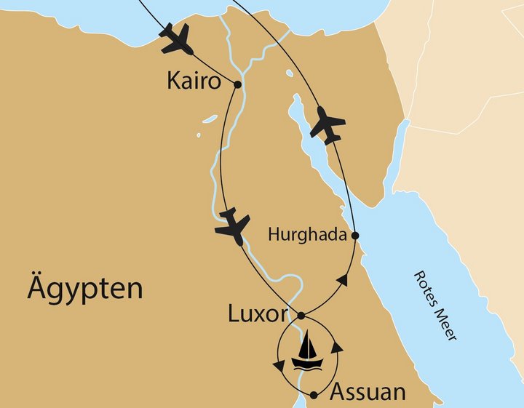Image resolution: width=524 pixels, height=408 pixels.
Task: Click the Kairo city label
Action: (194, 81)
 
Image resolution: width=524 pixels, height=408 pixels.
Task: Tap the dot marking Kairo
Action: (238, 84)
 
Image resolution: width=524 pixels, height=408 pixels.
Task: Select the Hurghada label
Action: (308, 235)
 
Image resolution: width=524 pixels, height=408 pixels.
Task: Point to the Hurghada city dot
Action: (355, 236)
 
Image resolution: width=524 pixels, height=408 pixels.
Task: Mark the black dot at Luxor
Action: (301, 316)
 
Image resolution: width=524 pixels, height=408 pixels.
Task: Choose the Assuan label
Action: (368, 392)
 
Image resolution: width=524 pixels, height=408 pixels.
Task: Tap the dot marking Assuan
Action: (314, 395)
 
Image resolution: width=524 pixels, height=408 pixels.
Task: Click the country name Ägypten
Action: (84, 289)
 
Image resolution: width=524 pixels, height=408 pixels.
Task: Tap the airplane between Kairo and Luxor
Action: (233, 225)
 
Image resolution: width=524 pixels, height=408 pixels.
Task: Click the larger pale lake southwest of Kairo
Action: (210, 118)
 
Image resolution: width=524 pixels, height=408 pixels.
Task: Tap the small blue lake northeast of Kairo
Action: (290, 73)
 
